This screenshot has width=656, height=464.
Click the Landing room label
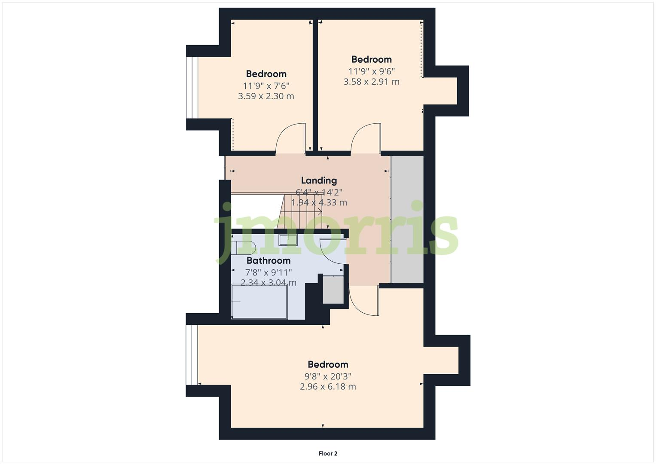pos(319,180)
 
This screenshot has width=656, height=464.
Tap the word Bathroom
pos(269,260)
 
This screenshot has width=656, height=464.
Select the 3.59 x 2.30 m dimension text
pos(266,96)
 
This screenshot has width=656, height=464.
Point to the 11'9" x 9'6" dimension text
pos(372,71)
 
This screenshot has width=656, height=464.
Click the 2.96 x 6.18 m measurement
pos(328,387)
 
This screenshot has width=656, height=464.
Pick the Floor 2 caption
pos(328,454)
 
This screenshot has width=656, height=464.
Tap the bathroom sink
pos(288,240)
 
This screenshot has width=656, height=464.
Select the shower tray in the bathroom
pos(259,302)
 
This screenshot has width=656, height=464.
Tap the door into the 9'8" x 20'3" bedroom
pos(364,301)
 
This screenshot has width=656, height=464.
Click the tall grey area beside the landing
pos(407,220)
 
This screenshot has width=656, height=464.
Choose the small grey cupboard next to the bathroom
pos(333,290)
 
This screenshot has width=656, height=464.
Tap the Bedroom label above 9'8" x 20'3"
pos(328,364)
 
